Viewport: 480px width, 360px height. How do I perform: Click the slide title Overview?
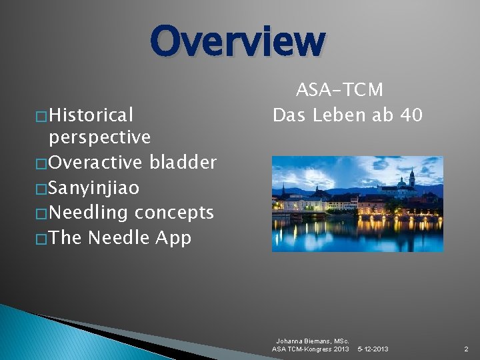(238, 41)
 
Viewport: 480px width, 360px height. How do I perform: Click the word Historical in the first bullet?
(91, 115)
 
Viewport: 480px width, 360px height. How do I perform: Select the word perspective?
(99, 137)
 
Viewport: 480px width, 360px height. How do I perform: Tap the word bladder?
(183, 162)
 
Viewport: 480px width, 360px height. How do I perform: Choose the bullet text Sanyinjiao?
(94, 188)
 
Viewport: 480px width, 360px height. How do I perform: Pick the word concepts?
(174, 213)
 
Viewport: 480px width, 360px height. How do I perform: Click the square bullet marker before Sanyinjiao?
(43, 189)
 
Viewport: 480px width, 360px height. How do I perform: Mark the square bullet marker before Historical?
(43, 116)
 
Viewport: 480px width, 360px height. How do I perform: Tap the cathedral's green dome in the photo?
(402, 181)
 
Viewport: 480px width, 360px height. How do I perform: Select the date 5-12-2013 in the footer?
(373, 349)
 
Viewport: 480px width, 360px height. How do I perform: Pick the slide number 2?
(466, 349)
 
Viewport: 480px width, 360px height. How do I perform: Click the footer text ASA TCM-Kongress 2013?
(310, 349)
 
